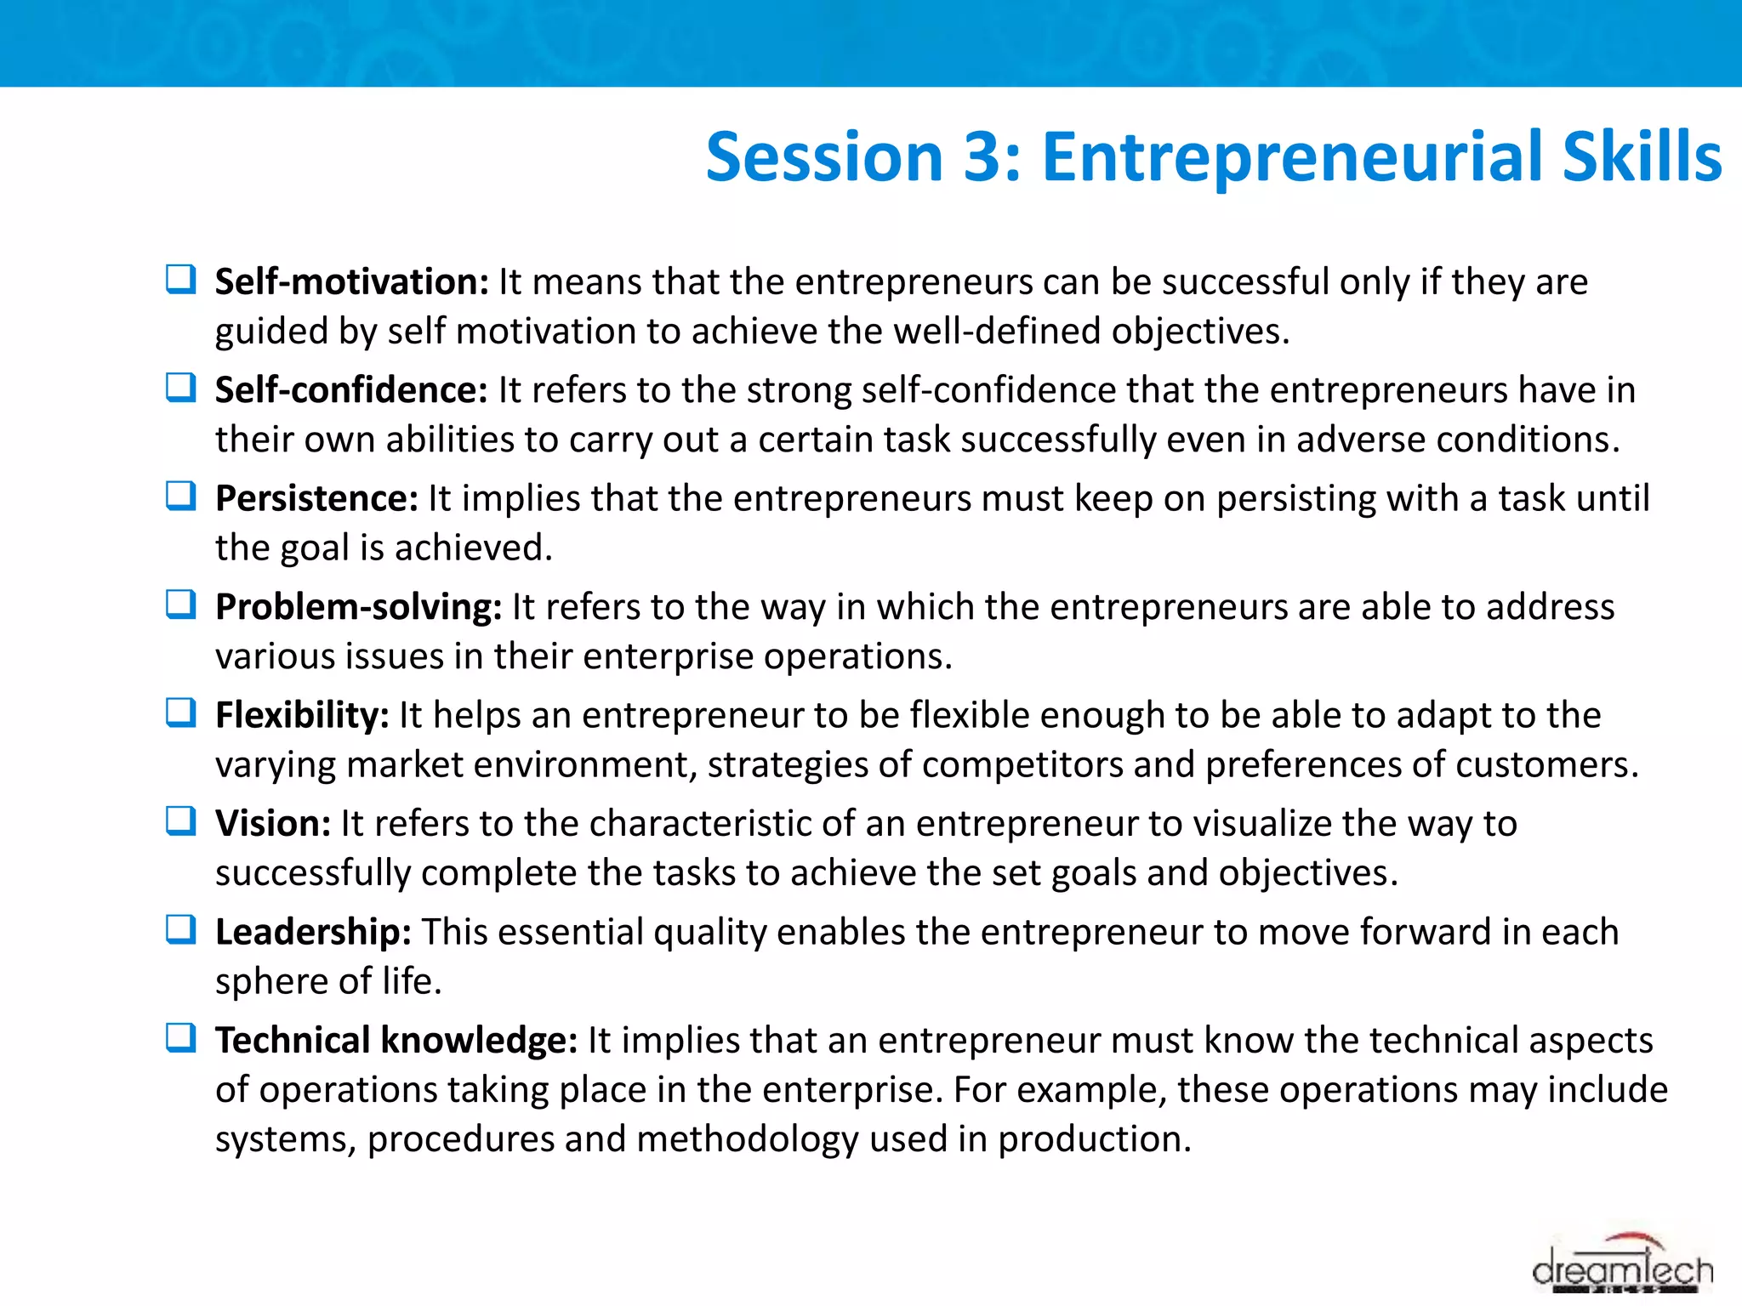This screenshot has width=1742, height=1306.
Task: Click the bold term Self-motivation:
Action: coord(351,281)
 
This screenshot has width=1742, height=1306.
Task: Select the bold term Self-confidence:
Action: coord(351,390)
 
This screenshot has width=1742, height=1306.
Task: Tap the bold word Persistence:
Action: coord(316,498)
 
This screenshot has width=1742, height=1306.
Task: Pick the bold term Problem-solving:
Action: coord(358,607)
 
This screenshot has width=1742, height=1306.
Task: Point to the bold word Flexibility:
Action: coord(302,715)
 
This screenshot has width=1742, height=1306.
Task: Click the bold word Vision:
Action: coord(272,823)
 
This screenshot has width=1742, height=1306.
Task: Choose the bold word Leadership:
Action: coord(313,932)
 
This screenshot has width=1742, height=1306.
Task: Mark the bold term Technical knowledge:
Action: coord(396,1040)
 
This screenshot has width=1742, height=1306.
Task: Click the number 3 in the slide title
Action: coord(982,157)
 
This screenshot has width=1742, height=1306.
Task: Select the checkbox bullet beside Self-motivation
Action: coord(180,279)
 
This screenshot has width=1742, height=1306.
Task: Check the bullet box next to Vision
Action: coord(180,821)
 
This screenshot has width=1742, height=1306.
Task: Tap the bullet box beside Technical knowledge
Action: coord(180,1037)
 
